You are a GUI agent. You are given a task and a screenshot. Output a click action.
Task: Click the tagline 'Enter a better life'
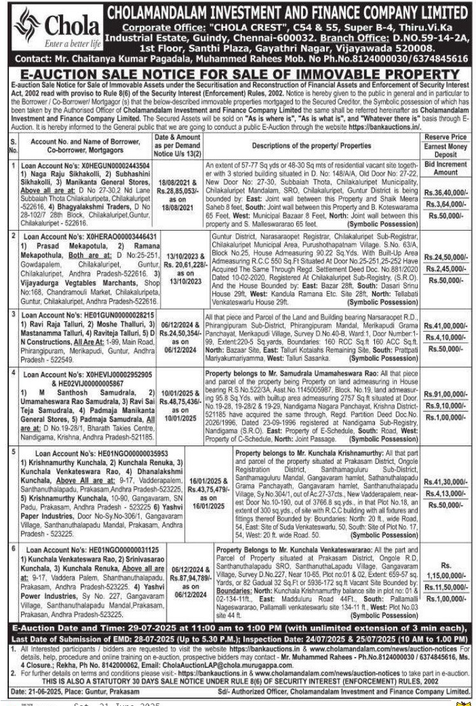[69, 44]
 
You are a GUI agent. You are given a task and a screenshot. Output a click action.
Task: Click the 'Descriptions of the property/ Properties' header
[310, 145]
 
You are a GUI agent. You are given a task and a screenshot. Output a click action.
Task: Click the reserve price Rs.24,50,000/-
[445, 257]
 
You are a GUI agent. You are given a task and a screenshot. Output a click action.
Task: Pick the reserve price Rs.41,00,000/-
[445, 325]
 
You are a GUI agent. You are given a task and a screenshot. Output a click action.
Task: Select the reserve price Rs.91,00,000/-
[445, 395]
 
